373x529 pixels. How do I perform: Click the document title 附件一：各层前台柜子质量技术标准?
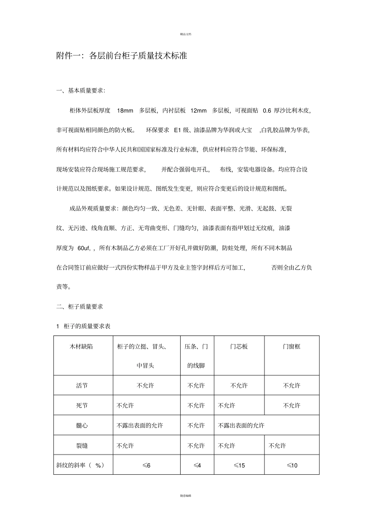coord(122,56)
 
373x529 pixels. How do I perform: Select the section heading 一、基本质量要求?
coord(81,90)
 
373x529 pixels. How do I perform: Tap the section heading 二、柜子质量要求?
coord(80,306)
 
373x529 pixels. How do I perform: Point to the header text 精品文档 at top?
coord(186,34)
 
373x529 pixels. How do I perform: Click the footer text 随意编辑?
coord(186,496)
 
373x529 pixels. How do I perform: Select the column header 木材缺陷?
coord(81,347)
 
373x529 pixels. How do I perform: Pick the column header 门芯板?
coord(239,347)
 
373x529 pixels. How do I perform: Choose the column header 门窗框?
coord(292,347)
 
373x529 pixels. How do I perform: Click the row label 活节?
coord(82,385)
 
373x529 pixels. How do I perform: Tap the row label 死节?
coord(82,406)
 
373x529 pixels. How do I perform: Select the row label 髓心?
coord(82,426)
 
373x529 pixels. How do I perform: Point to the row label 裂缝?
coord(82,446)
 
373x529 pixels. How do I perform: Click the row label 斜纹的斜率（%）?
coord(80,465)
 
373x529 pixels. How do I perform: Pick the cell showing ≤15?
coord(239,465)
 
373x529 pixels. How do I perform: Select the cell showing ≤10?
coord(292,465)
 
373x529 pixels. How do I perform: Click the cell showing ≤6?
coord(146,465)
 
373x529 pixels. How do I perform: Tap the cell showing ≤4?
coord(197,465)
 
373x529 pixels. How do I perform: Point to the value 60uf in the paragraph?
coord(84,248)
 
